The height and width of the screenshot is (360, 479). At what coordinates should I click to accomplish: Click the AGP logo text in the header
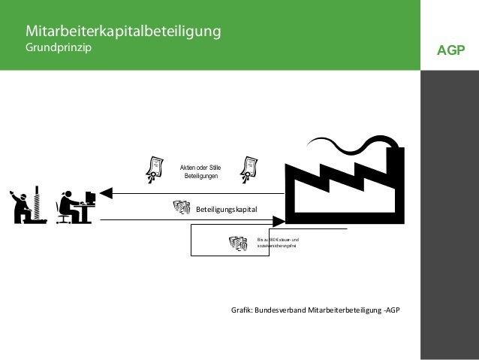point(450,51)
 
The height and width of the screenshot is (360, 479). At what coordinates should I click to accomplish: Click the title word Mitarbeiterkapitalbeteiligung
point(123,32)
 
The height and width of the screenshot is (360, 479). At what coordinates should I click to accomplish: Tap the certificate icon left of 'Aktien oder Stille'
point(155,169)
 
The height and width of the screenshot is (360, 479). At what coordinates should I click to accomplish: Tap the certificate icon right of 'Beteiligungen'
point(247,169)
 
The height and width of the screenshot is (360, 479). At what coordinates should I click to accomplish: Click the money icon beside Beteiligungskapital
point(181,207)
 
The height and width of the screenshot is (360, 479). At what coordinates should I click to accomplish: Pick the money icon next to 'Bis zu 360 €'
point(238,244)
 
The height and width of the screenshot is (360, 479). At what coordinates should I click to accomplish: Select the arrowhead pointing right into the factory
point(279,220)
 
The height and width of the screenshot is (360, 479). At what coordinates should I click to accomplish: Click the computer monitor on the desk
point(90,198)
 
